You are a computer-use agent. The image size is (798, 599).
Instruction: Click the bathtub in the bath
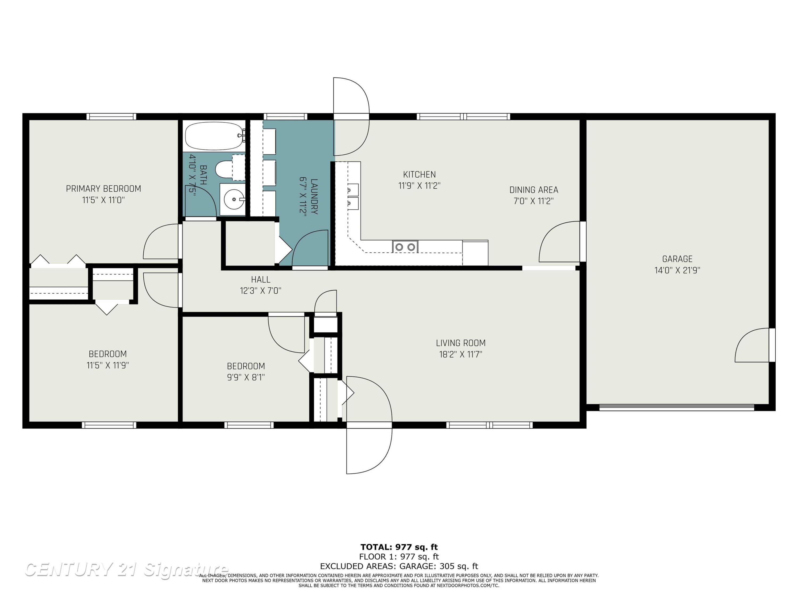click(x=215, y=136)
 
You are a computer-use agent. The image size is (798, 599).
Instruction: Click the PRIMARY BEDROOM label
click(x=103, y=188)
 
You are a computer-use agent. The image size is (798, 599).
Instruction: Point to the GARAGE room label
click(x=677, y=259)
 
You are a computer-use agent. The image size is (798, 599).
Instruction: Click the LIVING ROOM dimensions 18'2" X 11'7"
click(x=461, y=354)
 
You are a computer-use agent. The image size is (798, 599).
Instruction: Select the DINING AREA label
click(x=534, y=190)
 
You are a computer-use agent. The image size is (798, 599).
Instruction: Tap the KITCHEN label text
click(x=419, y=174)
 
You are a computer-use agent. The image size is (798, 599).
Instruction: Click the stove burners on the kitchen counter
click(x=405, y=247)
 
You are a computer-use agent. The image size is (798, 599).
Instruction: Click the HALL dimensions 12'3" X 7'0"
click(x=260, y=291)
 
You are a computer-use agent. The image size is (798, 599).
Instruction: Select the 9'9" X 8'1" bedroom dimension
click(x=246, y=377)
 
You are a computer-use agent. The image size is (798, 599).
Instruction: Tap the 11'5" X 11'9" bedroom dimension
click(x=107, y=365)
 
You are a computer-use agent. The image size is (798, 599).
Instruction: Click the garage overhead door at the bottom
click(x=677, y=407)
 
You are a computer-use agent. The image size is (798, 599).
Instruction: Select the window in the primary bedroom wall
click(x=111, y=116)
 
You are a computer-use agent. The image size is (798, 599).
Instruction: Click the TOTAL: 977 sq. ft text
click(x=399, y=547)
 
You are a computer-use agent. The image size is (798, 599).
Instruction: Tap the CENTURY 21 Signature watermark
click(x=126, y=570)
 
